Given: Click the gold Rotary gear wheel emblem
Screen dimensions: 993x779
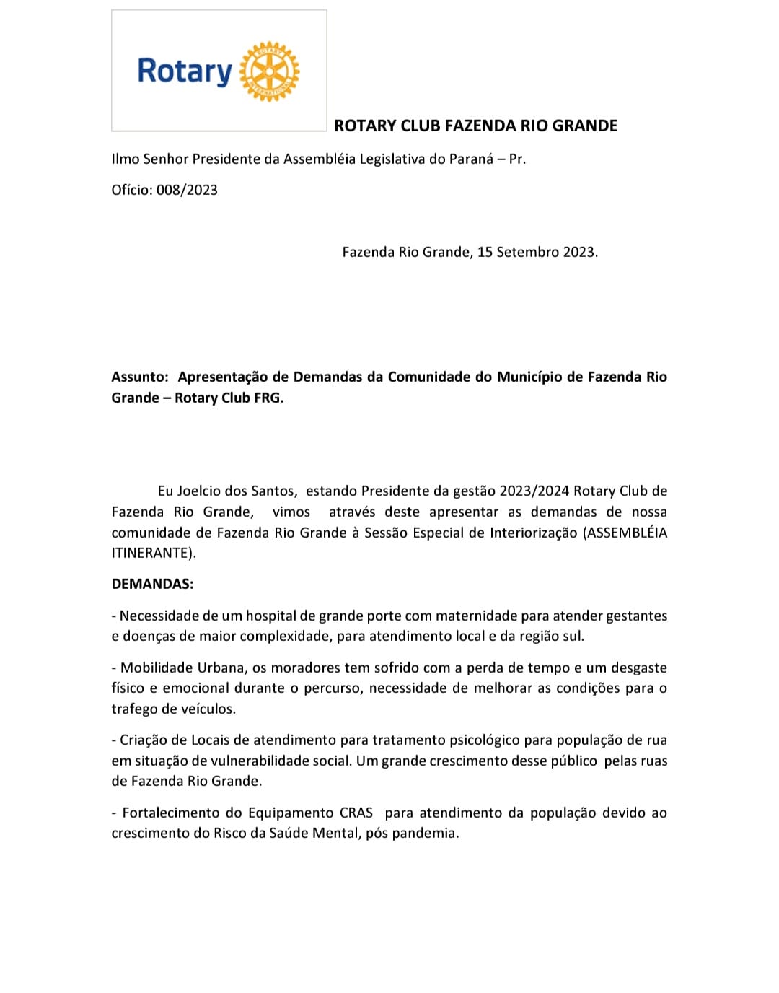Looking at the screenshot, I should pyautogui.click(x=269, y=71).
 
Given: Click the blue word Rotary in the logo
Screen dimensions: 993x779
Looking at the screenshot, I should pyautogui.click(x=185, y=71).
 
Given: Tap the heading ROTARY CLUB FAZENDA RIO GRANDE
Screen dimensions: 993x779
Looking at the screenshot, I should pyautogui.click(x=475, y=126).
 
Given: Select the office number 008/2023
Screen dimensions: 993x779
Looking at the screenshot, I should pyautogui.click(x=187, y=190).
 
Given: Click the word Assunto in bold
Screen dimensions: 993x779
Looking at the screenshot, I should pyautogui.click(x=139, y=377).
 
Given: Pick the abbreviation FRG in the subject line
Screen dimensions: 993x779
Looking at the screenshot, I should pyautogui.click(x=268, y=398).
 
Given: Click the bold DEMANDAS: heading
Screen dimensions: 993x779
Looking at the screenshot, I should pyautogui.click(x=152, y=584).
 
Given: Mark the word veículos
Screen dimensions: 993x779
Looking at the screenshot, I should pyautogui.click(x=208, y=709).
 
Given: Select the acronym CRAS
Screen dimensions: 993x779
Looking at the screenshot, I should pyautogui.click(x=356, y=813).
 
